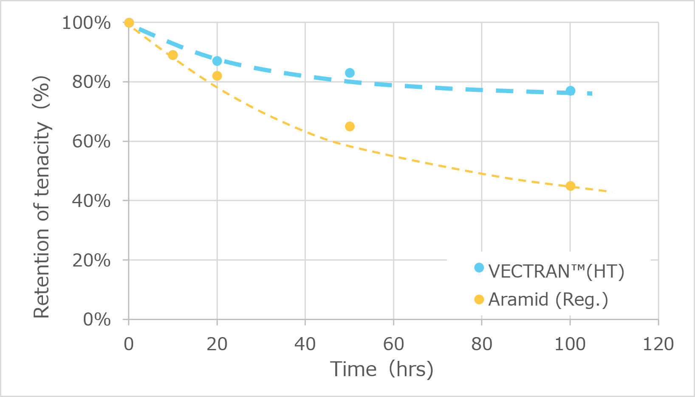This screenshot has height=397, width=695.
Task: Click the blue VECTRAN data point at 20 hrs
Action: tap(217, 61)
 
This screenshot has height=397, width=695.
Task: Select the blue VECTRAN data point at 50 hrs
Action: tap(350, 73)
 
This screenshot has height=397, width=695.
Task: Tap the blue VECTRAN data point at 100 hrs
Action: tap(570, 91)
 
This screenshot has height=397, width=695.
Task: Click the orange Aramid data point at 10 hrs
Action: tap(173, 55)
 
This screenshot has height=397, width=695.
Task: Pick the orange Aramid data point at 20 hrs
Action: tap(217, 76)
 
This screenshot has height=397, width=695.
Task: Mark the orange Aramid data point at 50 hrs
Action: tap(350, 126)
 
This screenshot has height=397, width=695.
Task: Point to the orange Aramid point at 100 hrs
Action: tap(570, 186)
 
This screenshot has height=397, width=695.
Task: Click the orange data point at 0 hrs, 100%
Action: tap(129, 23)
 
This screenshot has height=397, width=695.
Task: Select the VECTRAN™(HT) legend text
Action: tap(556, 271)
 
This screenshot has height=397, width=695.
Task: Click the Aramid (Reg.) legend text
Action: tap(548, 300)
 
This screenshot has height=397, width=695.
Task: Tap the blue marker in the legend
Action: tap(479, 268)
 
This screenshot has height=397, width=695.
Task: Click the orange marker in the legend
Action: tap(479, 300)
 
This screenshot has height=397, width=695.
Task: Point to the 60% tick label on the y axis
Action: tap(91, 141)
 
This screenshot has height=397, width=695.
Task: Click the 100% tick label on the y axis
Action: tap(86, 23)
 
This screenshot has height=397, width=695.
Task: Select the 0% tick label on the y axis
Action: tap(97, 319)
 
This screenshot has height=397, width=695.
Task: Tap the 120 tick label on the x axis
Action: tap(658, 344)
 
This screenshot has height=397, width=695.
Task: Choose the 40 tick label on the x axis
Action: tap(305, 344)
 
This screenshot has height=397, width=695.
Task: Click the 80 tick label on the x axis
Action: tap(481, 344)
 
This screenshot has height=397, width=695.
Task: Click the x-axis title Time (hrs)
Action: tap(381, 369)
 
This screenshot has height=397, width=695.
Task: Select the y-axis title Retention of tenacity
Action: tap(42, 197)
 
